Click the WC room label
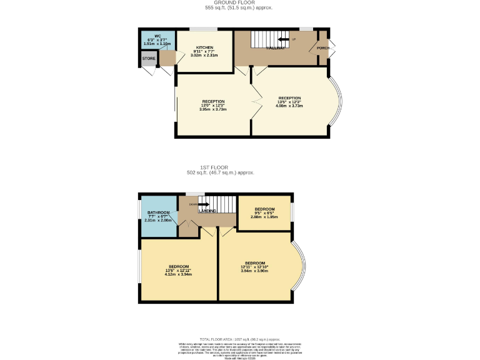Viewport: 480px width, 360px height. click(x=149, y=36)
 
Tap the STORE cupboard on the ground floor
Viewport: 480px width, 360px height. click(x=149, y=59)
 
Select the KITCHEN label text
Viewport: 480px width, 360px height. click(x=204, y=48)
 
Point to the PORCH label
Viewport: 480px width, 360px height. click(x=323, y=48)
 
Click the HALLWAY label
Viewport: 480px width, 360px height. click(x=276, y=48)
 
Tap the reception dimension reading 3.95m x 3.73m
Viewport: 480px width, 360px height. click(x=212, y=109)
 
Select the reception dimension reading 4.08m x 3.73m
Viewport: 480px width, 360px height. click(x=289, y=106)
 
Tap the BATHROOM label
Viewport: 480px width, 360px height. click(x=158, y=213)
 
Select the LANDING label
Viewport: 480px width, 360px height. click(x=207, y=211)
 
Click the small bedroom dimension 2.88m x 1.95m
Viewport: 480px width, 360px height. click(x=263, y=217)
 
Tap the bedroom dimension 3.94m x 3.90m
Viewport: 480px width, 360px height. click(x=254, y=271)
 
